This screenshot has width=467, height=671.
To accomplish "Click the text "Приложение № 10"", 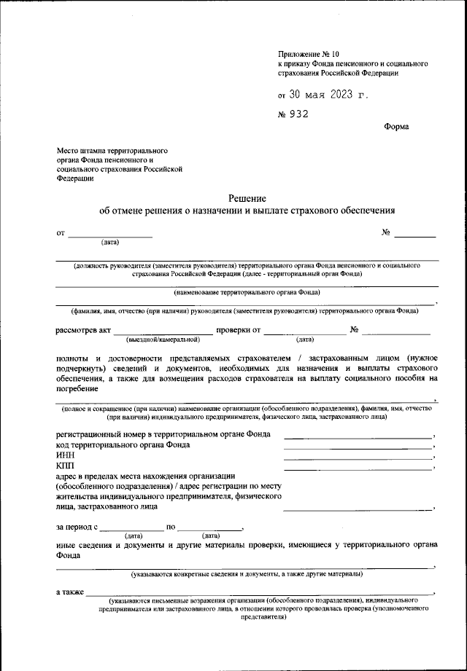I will click(309, 54).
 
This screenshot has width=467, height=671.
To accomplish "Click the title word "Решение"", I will click(247, 198).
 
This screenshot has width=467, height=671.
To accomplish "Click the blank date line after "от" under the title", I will click(110, 235).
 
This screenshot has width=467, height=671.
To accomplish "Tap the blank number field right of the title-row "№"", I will click(415, 235).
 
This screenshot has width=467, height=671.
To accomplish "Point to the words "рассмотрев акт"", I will click(83, 330).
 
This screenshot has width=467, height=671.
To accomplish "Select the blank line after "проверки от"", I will click(305, 332).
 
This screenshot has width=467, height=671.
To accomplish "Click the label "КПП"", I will click(65, 466).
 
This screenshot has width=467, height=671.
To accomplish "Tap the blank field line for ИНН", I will click(358, 458).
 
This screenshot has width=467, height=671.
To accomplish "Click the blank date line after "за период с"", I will click(132, 527).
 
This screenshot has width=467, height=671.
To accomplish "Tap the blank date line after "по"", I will click(209, 527).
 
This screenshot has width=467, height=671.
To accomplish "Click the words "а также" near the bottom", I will click(70, 592).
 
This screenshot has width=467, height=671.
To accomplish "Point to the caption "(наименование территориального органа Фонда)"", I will click(247, 292).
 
